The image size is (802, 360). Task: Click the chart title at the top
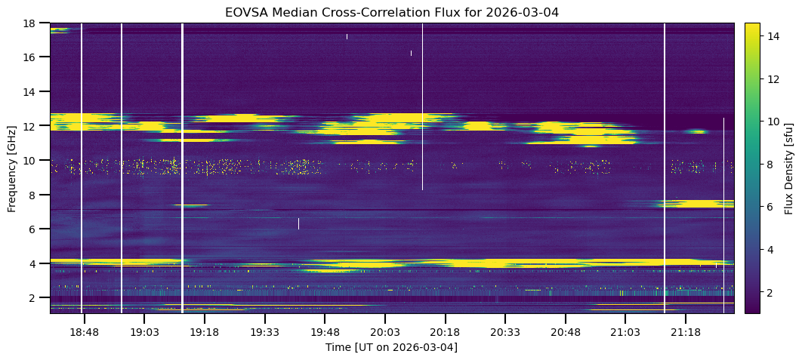[x=391, y=12]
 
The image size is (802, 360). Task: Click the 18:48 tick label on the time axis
[x=85, y=332]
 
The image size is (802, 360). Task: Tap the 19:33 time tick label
[x=264, y=332]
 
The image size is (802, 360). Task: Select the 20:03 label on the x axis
[x=384, y=332]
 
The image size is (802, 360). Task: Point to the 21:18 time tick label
[x=685, y=332]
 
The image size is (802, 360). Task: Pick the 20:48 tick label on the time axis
[x=565, y=332]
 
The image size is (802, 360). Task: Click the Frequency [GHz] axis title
[x=12, y=168]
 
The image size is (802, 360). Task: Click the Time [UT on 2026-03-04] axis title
[x=391, y=347]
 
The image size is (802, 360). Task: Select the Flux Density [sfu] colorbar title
[x=788, y=168]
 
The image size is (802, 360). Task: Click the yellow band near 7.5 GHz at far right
[x=699, y=203]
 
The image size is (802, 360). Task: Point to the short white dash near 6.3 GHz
[x=298, y=223]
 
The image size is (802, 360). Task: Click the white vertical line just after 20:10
[x=422, y=106]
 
